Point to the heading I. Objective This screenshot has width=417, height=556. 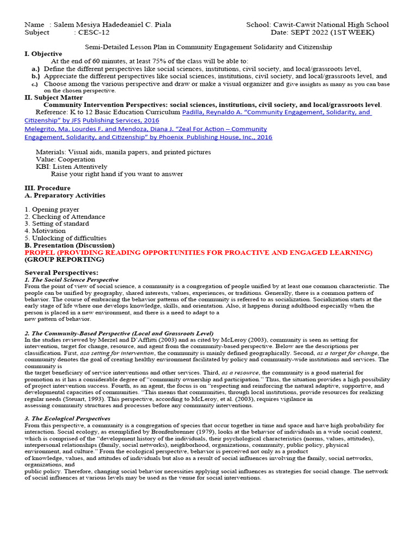(43, 54)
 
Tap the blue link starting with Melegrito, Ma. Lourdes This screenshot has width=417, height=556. (146, 129)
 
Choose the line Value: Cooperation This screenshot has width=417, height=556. (65, 160)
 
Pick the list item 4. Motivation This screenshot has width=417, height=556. (45, 231)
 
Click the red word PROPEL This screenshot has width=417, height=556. (40, 252)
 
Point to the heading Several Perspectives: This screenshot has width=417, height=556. (61, 272)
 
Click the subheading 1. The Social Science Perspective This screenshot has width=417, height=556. (71, 279)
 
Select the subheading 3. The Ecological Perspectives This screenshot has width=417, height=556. (67, 419)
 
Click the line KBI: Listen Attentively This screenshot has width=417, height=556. (72, 167)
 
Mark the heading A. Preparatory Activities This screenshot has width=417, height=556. (65, 195)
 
